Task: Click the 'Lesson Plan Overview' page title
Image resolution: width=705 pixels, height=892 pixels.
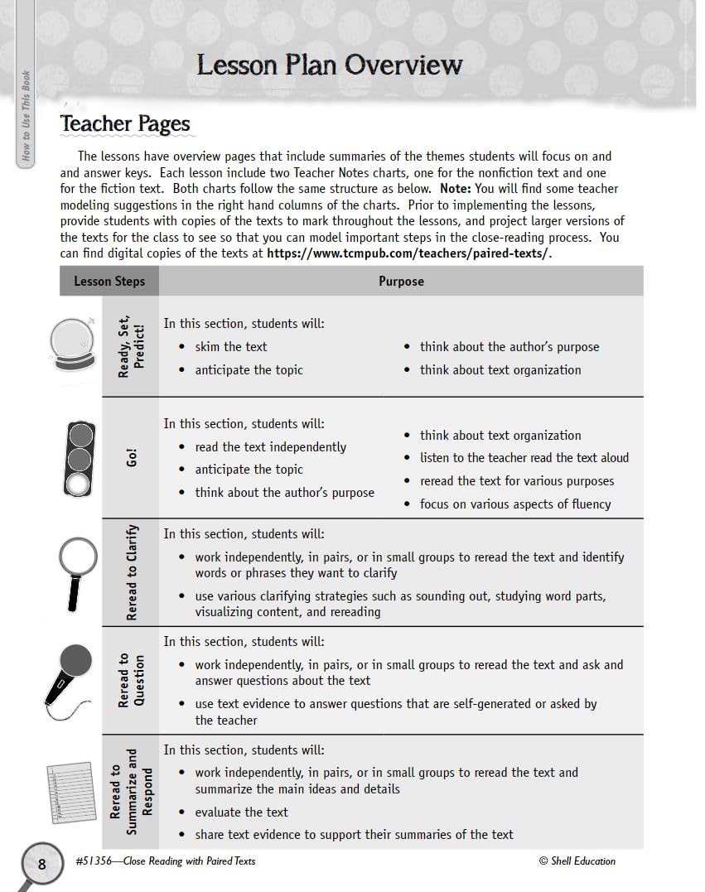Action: click(329, 65)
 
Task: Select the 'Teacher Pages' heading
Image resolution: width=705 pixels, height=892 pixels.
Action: click(125, 124)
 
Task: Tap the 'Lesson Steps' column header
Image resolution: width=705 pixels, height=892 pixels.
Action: click(109, 282)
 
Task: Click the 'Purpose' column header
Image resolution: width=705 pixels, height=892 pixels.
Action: click(401, 282)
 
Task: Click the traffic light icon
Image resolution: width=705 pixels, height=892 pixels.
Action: click(80, 458)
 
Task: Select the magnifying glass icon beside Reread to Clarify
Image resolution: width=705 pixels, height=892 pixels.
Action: click(79, 571)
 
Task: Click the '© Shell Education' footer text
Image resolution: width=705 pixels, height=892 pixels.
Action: click(577, 861)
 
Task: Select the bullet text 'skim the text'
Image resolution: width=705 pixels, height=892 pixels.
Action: click(231, 347)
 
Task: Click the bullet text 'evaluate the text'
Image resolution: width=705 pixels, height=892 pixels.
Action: click(241, 812)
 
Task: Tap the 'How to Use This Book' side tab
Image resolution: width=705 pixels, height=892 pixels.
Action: click(27, 115)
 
